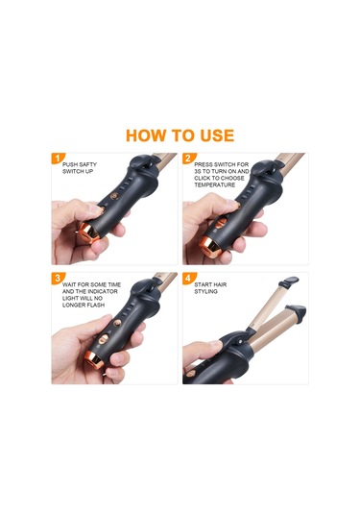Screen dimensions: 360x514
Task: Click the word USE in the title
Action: coord(217,135)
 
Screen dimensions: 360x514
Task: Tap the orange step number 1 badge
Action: coord(58,159)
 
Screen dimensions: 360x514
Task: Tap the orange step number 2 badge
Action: coord(188,159)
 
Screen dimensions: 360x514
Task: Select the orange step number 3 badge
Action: coord(58,279)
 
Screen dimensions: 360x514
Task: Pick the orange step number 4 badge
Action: coord(188,279)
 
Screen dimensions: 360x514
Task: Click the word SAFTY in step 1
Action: coord(88,164)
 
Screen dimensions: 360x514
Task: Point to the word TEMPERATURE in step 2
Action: coord(215,184)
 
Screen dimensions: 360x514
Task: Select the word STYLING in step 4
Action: coord(205,291)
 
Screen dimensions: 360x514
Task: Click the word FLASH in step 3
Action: coord(95,305)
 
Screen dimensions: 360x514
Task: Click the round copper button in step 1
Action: coord(113,196)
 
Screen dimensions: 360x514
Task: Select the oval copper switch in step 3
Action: coord(103,339)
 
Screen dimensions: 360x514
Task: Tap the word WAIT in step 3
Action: coord(69,284)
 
